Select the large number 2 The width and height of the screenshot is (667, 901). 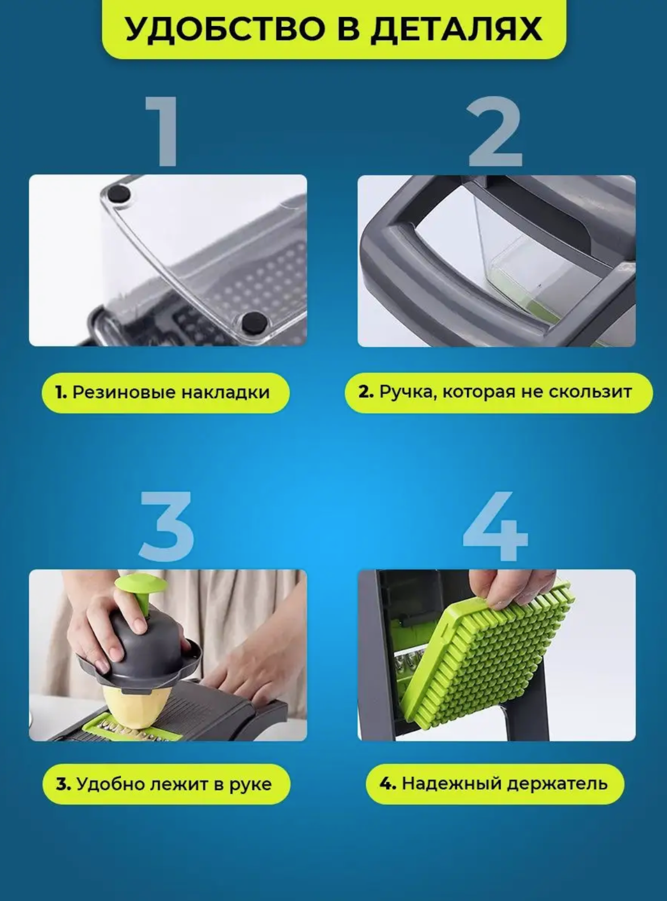495,131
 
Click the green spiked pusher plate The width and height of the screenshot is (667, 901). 485,654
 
